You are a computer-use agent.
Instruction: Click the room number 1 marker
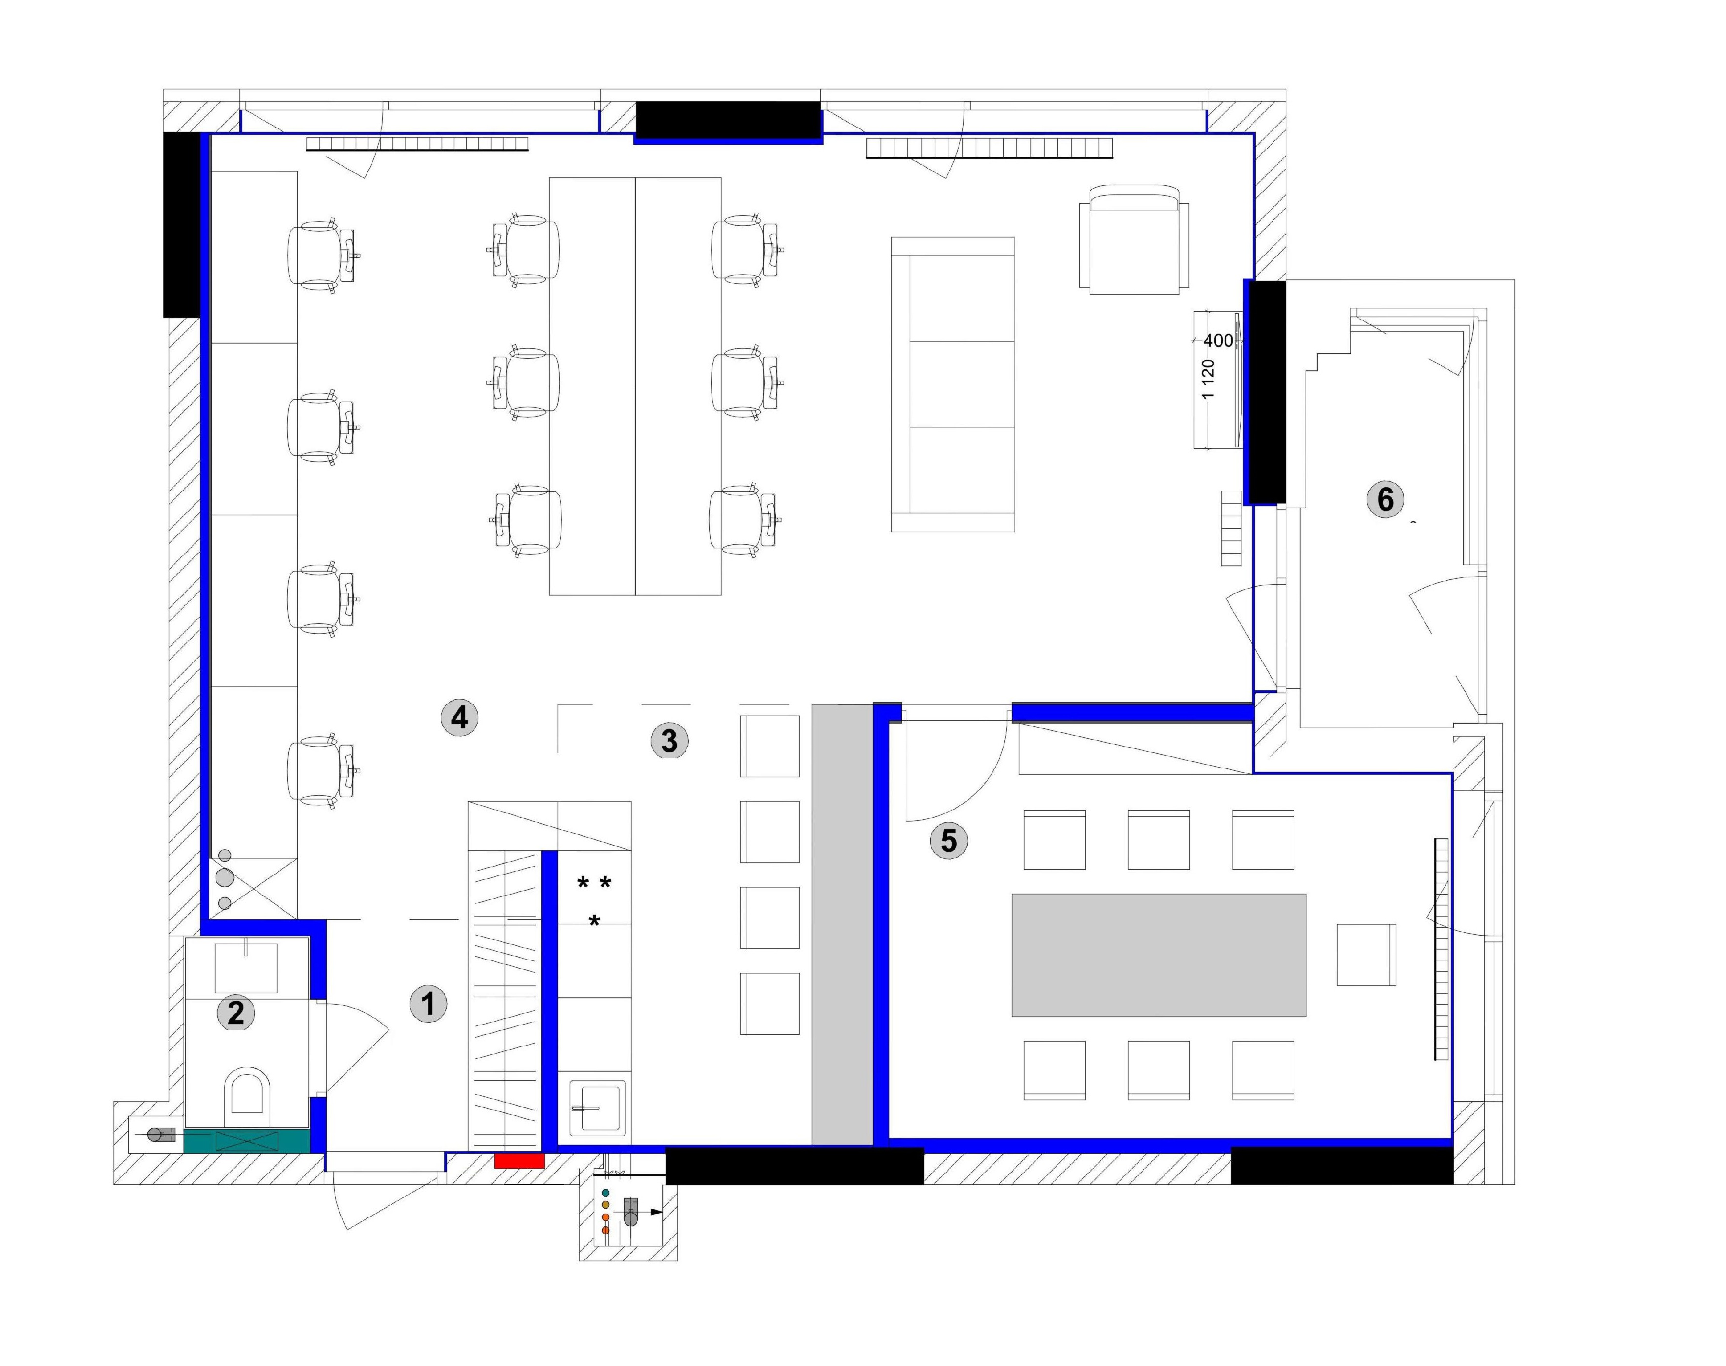click(x=428, y=1003)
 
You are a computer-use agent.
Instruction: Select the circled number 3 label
click(x=669, y=741)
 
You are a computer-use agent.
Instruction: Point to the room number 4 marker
click(x=459, y=717)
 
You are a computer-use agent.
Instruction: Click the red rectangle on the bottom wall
click(x=519, y=1160)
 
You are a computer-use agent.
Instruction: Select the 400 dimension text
click(x=1218, y=341)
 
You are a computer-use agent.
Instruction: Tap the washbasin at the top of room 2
click(x=246, y=967)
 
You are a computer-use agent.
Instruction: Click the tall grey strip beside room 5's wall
click(x=842, y=924)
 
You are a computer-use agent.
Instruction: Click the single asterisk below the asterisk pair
click(x=594, y=921)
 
